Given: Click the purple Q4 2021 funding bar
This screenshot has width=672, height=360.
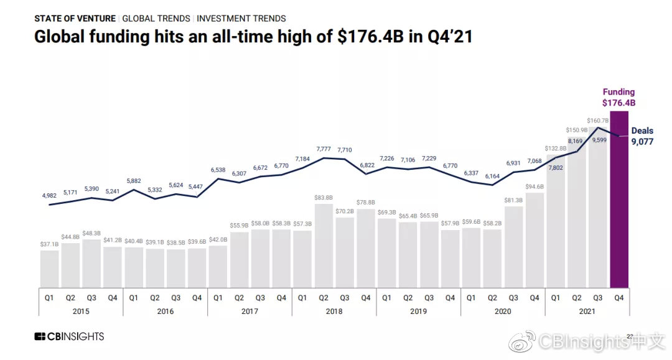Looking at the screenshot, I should tap(619, 199).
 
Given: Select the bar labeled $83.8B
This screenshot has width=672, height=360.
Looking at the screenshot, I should tap(324, 246).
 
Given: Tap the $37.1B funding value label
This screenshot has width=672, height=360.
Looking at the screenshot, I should tap(49, 244).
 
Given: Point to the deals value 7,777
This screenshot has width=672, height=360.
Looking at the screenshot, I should tap(324, 149).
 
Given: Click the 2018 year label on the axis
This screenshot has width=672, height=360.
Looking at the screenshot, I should tap(334, 311).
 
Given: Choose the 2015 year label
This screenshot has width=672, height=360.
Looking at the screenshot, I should tap(81, 311).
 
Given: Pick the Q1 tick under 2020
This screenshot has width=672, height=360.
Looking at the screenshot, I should tap(472, 298).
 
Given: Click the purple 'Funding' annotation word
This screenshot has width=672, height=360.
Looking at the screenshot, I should tap(618, 92).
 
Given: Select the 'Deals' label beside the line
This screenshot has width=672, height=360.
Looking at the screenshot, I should tap(642, 131).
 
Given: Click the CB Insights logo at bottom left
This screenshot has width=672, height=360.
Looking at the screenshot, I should tap(69, 337).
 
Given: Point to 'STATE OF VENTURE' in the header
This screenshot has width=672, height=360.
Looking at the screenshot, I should tap(75, 19).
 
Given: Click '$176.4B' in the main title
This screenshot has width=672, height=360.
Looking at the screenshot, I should tap(366, 37).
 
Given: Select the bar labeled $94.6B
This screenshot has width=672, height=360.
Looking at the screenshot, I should tap(534, 240).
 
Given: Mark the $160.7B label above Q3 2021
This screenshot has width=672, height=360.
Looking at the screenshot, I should tap(598, 121).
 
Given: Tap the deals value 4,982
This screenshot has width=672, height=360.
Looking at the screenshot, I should tap(49, 195).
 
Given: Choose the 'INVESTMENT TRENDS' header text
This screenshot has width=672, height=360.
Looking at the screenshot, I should tap(241, 19).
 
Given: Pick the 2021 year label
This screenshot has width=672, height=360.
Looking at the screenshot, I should tap(587, 311).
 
